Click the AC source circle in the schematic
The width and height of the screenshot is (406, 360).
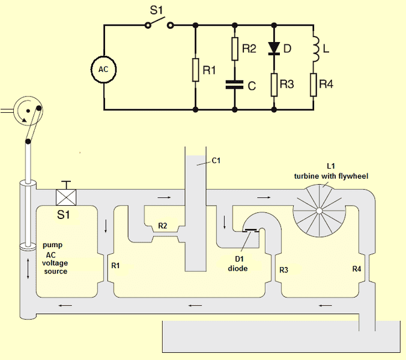click(x=104, y=68)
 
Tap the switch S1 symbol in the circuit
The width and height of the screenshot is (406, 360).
click(x=159, y=25)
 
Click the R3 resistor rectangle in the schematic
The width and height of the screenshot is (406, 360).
click(x=274, y=85)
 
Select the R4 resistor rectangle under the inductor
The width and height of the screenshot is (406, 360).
click(x=313, y=85)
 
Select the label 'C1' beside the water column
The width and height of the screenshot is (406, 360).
click(x=217, y=161)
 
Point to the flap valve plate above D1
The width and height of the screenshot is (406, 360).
click(x=252, y=230)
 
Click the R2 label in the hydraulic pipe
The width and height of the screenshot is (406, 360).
click(x=163, y=226)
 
